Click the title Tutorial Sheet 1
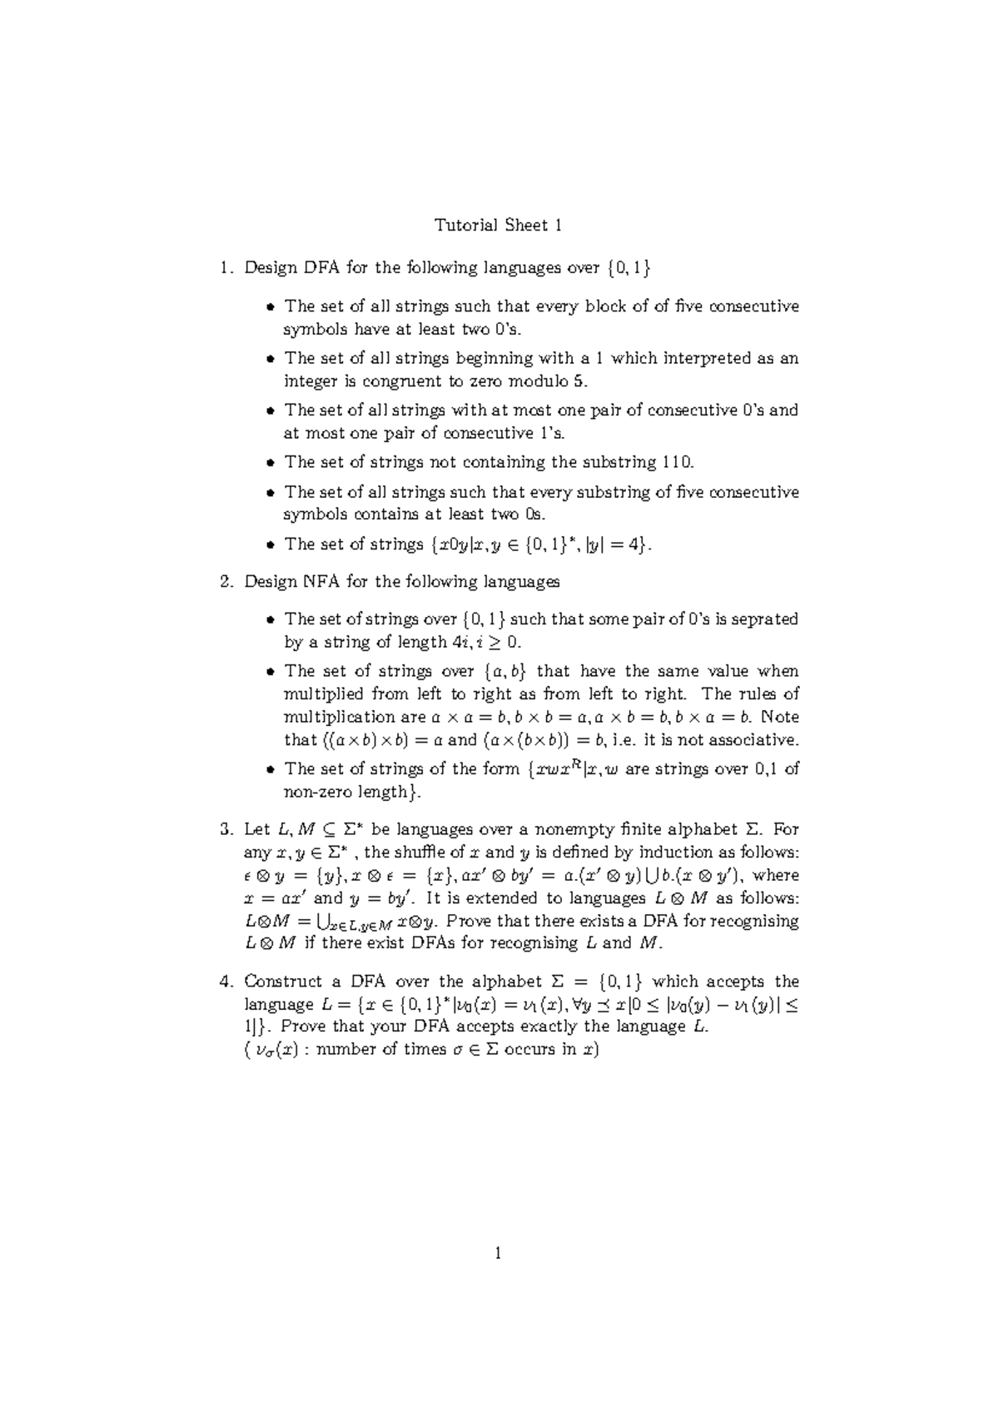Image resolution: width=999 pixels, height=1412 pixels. pyautogui.click(x=499, y=226)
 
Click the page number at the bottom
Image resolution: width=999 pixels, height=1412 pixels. pyautogui.click(x=499, y=1254)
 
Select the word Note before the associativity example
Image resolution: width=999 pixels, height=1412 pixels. pyautogui.click(x=779, y=717)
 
